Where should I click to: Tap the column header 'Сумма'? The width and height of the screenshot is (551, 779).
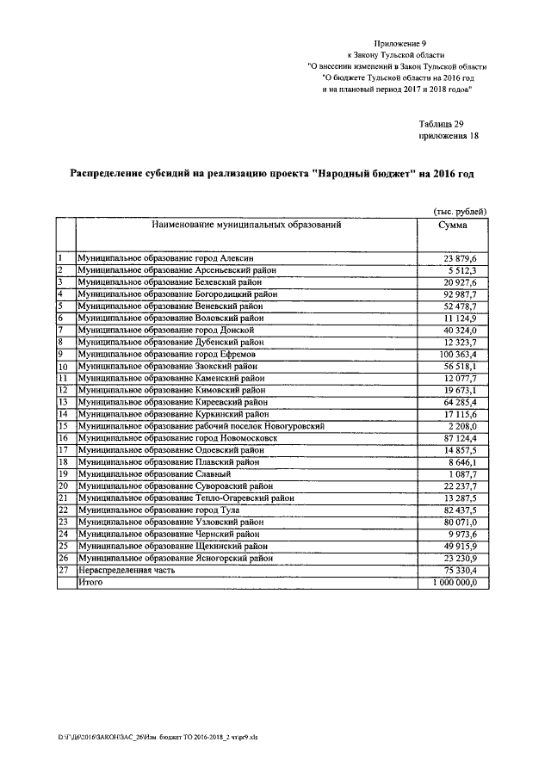pos(453,225)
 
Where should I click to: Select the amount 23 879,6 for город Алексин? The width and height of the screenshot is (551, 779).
pos(466,258)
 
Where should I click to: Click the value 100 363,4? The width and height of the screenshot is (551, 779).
pos(463,354)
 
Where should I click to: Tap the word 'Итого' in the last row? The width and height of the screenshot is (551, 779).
pos(90,583)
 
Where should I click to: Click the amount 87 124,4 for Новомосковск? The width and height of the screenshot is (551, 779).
pos(466,437)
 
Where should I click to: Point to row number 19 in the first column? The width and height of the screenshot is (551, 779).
pos(63,473)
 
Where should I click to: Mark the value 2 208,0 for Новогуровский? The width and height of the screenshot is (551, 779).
pos(469,426)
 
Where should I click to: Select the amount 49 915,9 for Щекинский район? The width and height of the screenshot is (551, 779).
pos(466,546)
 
